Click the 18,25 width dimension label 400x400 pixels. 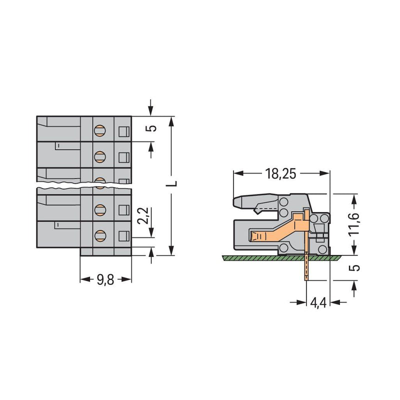pyautogui.click(x=280, y=174)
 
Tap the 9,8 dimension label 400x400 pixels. pyautogui.click(x=105, y=280)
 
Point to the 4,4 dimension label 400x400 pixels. pyautogui.click(x=318, y=303)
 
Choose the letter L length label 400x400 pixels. pyautogui.click(x=172, y=183)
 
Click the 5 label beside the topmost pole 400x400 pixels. pyautogui.click(x=152, y=128)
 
